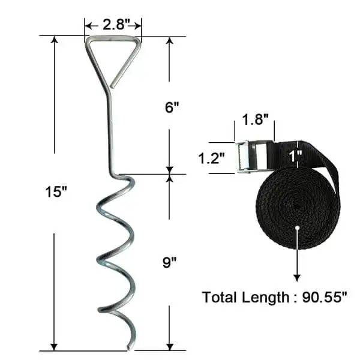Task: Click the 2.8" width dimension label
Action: [x=113, y=25]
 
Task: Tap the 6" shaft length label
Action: [x=172, y=107]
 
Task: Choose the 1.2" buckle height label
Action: [x=212, y=158]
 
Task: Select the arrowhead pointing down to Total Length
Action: [x=297, y=277]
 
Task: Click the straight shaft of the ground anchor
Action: [x=110, y=132]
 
